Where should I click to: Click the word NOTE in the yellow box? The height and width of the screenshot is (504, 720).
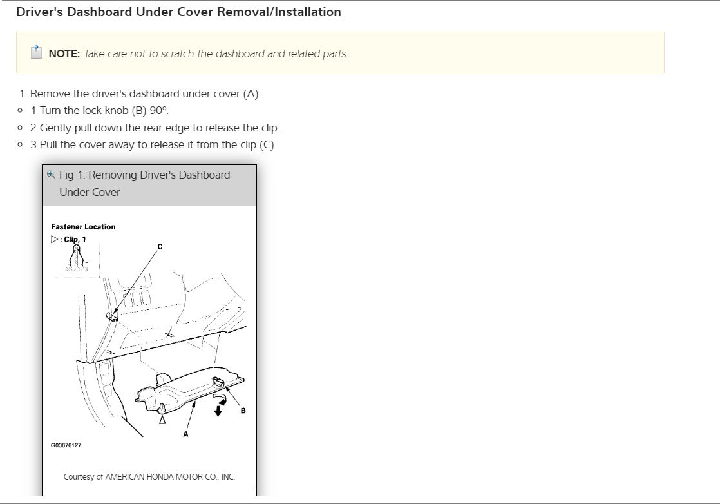(x=64, y=53)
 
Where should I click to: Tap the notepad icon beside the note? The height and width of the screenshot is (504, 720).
(x=36, y=52)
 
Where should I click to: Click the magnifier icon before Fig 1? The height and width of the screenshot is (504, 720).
(x=51, y=175)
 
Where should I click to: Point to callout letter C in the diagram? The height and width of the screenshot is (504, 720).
(x=160, y=247)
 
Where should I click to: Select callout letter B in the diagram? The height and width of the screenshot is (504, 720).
(x=243, y=411)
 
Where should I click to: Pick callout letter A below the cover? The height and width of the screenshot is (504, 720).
(x=185, y=434)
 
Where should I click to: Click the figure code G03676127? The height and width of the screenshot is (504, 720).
(x=66, y=445)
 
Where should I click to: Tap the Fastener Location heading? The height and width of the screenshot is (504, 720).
(x=83, y=227)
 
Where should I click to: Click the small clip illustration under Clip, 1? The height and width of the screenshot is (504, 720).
(x=76, y=257)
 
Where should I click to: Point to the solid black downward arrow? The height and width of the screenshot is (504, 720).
(x=218, y=410)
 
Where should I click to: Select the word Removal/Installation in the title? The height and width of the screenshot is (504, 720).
(x=279, y=12)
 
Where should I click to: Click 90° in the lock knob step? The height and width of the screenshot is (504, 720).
(x=159, y=111)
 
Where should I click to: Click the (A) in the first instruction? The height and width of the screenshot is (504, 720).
(x=252, y=94)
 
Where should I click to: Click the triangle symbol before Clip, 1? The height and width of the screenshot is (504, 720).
(x=55, y=239)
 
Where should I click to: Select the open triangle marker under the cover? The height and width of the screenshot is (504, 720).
(x=162, y=420)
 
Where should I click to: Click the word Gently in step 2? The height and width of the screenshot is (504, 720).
(x=55, y=128)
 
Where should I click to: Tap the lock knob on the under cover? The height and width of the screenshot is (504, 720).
(x=218, y=380)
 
